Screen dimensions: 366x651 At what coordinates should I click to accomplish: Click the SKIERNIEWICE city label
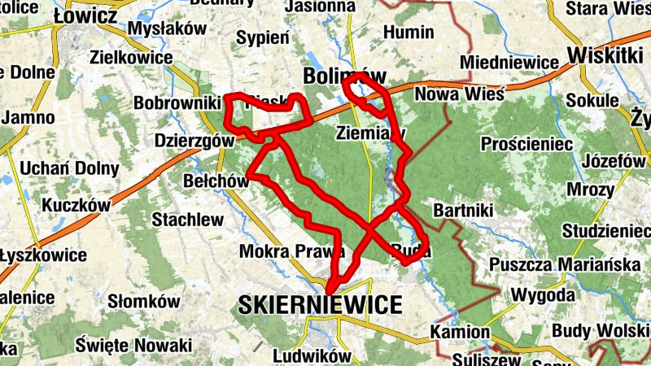[321, 305]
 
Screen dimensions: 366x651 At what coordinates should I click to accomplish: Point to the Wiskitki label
[606, 55]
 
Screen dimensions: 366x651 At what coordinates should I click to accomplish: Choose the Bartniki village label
[464, 211]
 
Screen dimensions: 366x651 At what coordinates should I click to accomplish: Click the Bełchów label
[216, 181]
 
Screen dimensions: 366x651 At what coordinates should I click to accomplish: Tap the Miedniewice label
[509, 63]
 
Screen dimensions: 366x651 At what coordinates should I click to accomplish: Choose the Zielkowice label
[132, 58]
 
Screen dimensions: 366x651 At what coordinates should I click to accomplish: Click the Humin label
[409, 33]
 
